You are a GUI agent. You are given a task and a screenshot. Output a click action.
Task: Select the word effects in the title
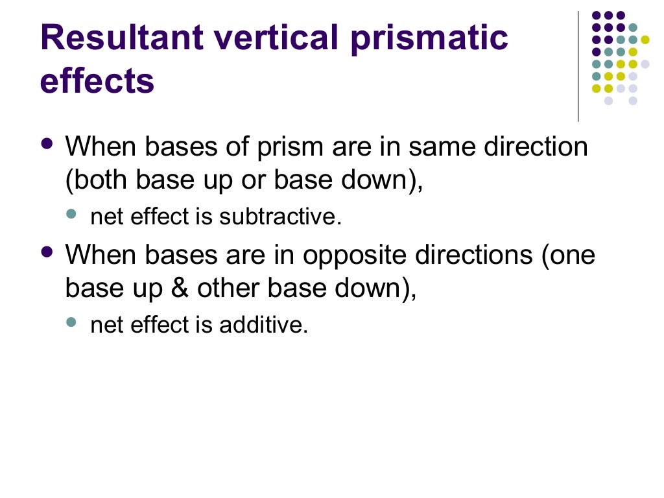[x=97, y=82]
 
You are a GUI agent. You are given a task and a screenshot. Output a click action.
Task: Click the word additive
[x=263, y=325]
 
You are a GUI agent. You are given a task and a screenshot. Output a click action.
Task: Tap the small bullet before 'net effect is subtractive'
[x=71, y=213]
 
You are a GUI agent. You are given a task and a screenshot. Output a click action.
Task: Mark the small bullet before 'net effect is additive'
[x=71, y=321]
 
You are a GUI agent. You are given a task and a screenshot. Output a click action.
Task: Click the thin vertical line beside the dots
[x=578, y=65]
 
